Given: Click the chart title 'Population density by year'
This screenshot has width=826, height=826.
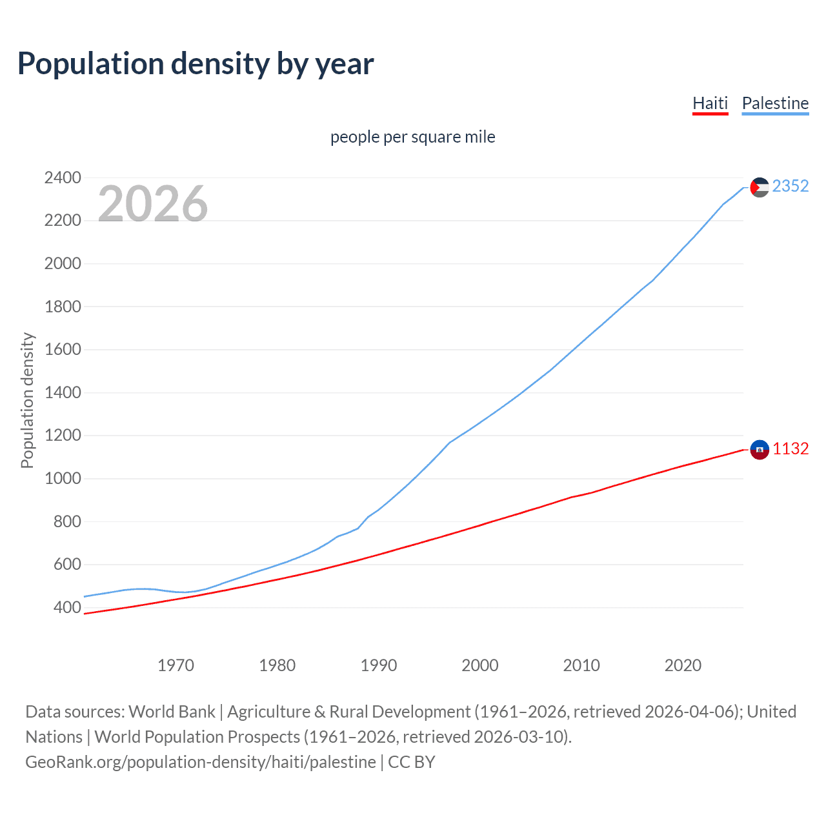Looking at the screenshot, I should coord(196,64).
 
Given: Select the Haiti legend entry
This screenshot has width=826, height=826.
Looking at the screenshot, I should coord(710,103).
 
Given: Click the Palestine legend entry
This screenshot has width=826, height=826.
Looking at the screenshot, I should coord(775,103).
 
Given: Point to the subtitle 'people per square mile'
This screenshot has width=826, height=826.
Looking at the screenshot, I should coord(412,137).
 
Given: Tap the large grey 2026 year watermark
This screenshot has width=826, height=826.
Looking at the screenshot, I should coord(153,204).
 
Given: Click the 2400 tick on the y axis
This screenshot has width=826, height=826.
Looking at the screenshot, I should coord(63,177).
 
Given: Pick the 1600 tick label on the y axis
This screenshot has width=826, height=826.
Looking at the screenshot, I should coord(63,349).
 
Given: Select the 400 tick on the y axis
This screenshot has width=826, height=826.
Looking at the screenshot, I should coord(67,607).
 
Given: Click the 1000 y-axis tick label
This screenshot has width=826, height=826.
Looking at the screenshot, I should coord(63,478).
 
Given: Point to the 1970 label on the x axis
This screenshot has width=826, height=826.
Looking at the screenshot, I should coord(176,665).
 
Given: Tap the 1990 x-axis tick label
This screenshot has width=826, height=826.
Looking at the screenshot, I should coord(379,665).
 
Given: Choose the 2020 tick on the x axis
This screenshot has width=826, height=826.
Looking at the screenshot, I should coord(683,665).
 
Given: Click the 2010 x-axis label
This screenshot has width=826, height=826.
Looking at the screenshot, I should coord(581,665).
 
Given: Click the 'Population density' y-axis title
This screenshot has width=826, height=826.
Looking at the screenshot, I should coord(27,400).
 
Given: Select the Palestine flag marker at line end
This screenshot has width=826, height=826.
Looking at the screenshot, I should coord(760,187).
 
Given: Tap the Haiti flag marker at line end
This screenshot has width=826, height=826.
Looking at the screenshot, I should coord(760,449).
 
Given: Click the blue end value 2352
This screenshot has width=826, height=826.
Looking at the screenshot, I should coord(790,186).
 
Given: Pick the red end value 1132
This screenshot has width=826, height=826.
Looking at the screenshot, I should coord(790,449).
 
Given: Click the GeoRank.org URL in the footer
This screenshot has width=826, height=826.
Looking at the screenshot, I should coord(201,762).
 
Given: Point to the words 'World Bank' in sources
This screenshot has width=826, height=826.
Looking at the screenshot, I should coord(172,712).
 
